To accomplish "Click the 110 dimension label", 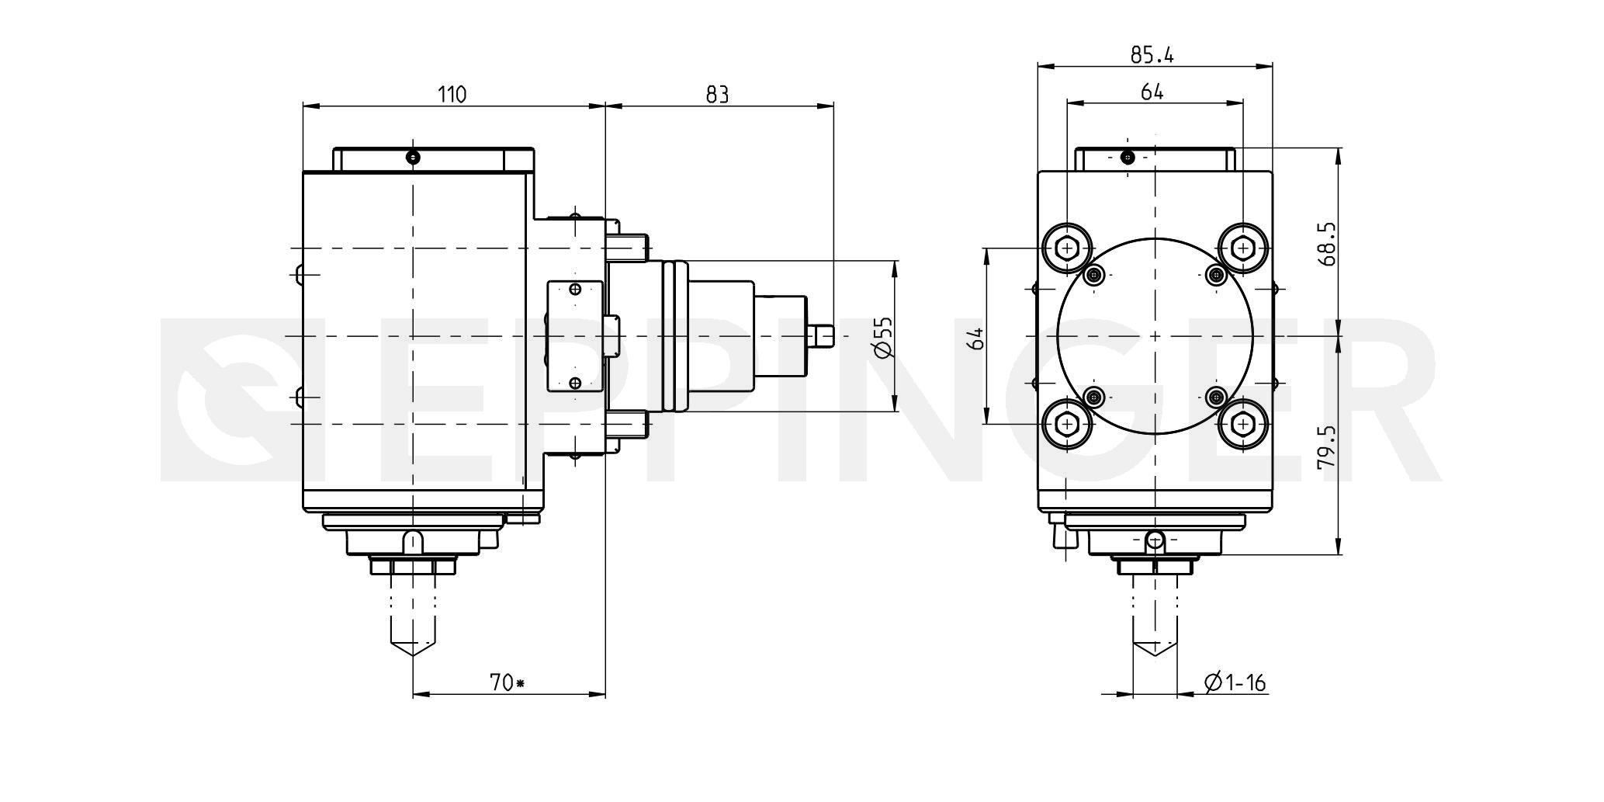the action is coord(452,95).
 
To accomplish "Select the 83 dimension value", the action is coord(717,95).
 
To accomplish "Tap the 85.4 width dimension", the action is coord(1152,54).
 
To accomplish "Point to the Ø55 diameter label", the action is coord(884,337).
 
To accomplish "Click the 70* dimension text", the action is coord(508,682).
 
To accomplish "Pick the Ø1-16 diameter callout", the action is coord(1235,682).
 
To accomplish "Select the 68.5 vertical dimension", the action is coord(1326,245).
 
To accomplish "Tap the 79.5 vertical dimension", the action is coord(1326,446).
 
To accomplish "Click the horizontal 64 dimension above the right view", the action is coord(1152,92).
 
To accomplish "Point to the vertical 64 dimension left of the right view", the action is coord(977,338).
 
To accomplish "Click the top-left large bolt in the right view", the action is coord(1068,248).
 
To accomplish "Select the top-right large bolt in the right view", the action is coord(1243,248).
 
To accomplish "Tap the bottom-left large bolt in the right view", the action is coord(1068,424).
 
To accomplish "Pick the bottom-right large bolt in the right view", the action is coord(1243,424).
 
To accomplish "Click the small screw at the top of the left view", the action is coord(414,158).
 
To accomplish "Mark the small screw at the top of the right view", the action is coord(1128,158).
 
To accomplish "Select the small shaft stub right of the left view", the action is coord(820,336).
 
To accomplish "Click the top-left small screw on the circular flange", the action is coord(1094,274).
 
